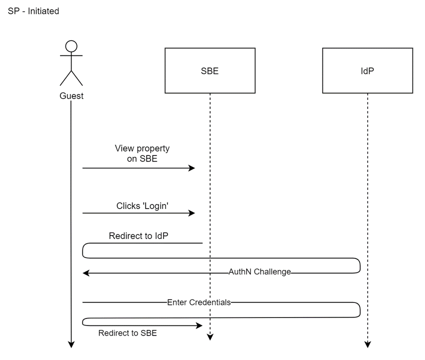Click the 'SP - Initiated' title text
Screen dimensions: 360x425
(33, 11)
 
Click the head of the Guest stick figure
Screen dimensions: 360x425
(71, 46)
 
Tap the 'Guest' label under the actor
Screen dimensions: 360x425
(71, 96)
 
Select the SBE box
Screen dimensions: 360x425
(210, 70)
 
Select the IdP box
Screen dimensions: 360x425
(367, 70)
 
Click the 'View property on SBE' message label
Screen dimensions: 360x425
(142, 153)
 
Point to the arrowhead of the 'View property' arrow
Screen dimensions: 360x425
(191, 168)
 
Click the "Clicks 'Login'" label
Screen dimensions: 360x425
(142, 205)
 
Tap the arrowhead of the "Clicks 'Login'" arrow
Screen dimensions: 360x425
(191, 213)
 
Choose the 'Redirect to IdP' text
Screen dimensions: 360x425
(134, 236)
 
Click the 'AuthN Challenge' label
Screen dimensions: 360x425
(259, 272)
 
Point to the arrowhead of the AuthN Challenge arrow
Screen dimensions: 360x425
(86, 273)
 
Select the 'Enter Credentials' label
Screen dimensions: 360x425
(199, 302)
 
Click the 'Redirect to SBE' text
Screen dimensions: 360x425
(127, 333)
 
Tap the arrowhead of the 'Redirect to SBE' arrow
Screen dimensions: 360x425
(199, 325)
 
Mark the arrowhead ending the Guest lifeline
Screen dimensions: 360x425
(71, 344)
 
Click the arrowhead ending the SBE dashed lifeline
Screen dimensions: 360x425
(210, 337)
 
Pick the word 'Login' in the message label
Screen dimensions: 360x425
(156, 205)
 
